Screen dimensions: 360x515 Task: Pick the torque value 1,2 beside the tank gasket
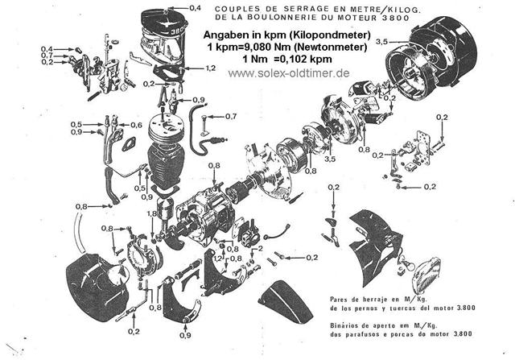210,69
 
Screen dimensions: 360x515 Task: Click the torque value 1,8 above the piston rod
152,213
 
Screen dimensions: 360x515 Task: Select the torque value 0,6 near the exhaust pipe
137,125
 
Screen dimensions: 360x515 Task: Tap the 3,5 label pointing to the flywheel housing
383,40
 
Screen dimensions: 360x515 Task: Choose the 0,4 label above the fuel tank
195,8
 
